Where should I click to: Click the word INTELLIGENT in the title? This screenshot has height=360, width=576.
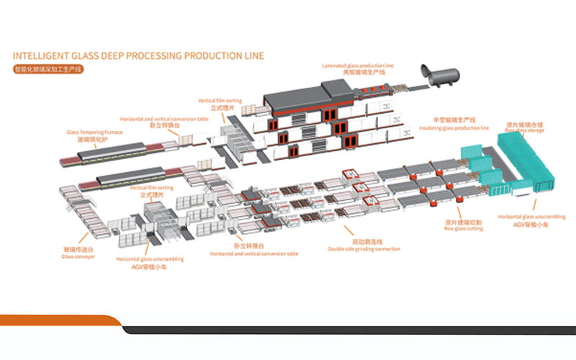tap(42, 55)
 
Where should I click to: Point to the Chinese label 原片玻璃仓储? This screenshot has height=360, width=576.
tap(524, 124)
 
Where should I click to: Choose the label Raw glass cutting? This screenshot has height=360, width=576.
tap(462, 230)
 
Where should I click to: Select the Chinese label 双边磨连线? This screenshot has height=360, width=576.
tap(365, 242)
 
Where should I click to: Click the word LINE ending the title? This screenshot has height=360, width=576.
tap(252, 55)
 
